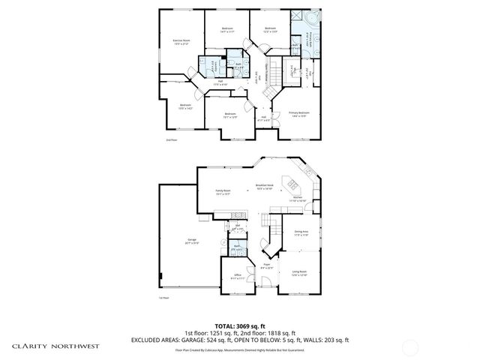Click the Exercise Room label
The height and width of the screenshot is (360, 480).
click(181, 40)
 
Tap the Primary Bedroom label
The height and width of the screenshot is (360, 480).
click(299, 114)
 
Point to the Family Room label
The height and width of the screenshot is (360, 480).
click(223, 192)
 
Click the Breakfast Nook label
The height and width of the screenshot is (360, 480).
click(264, 187)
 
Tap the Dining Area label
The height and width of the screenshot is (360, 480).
click(301, 232)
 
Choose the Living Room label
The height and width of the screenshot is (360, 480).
click(300, 272)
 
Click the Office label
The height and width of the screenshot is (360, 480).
click(238, 276)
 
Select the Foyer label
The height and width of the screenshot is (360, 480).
click(266, 265)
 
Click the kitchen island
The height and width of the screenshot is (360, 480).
click(289, 184)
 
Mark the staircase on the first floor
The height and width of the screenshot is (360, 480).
click(269, 222)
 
